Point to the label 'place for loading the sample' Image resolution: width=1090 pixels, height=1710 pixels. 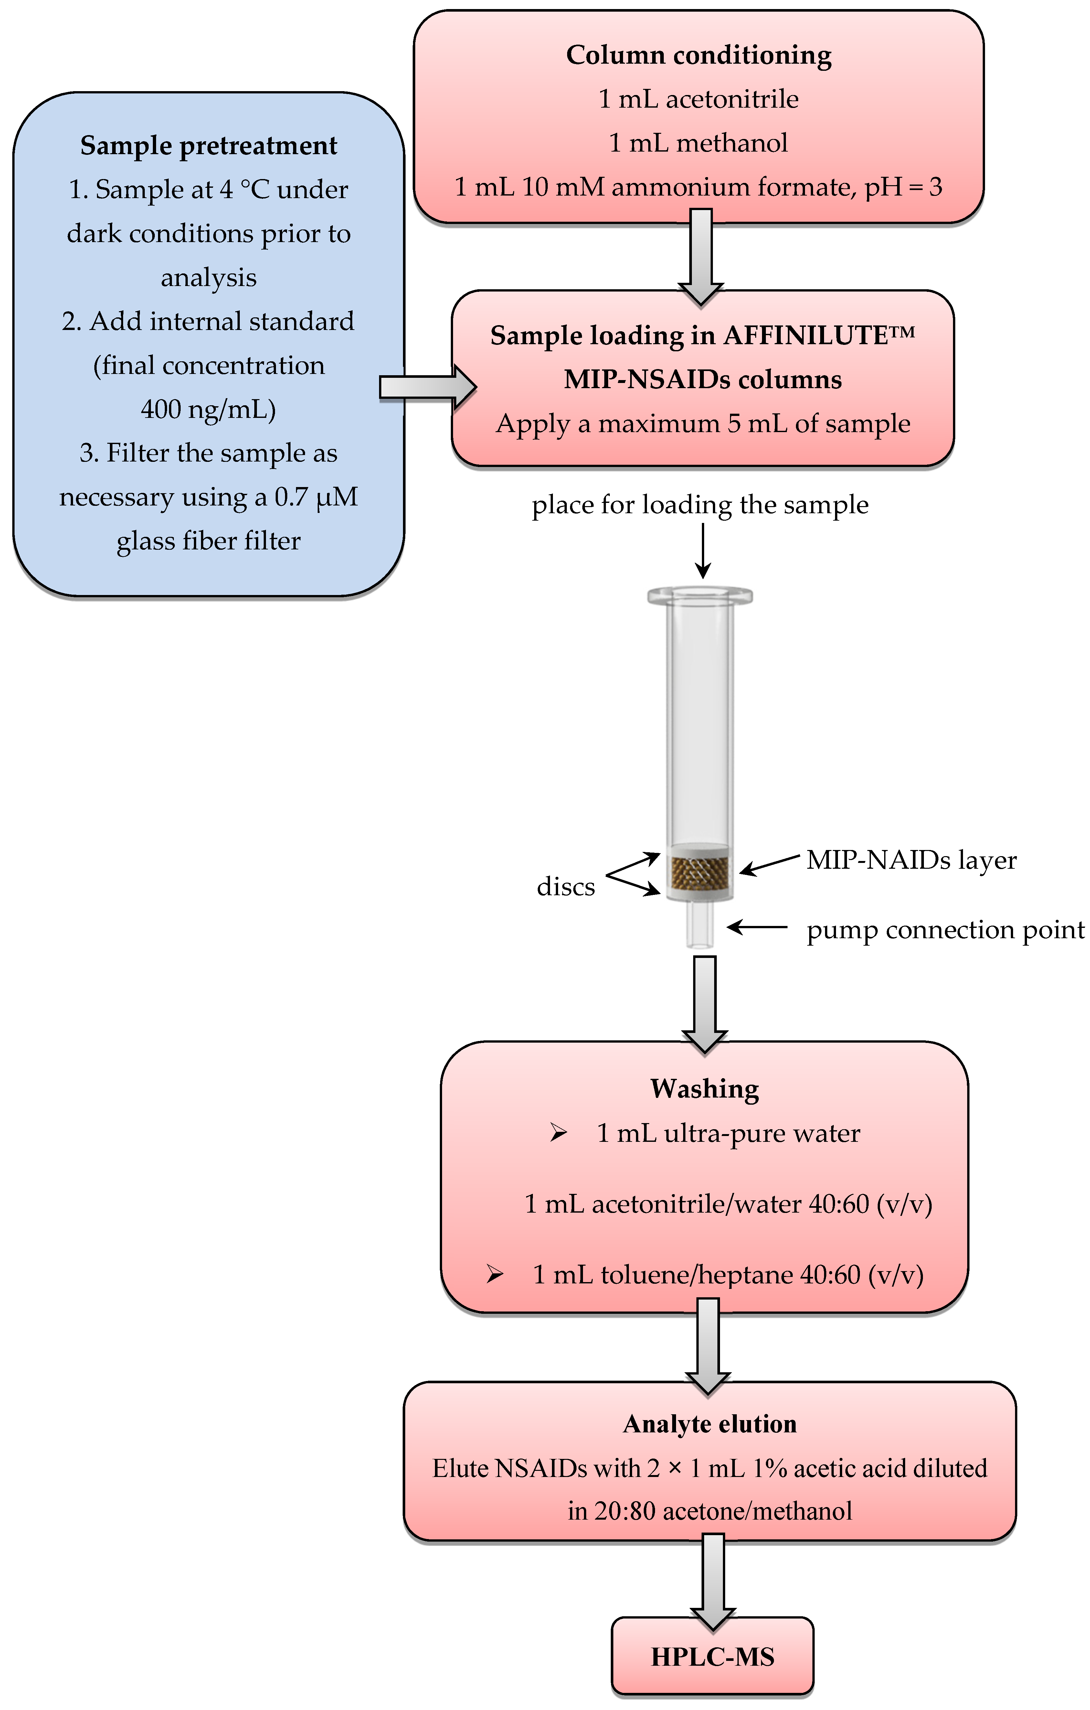(700, 505)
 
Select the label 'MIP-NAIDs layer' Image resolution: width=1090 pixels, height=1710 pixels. (911, 860)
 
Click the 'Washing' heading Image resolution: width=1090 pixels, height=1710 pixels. (704, 1089)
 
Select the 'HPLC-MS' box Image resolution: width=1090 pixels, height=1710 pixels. (712, 1657)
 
